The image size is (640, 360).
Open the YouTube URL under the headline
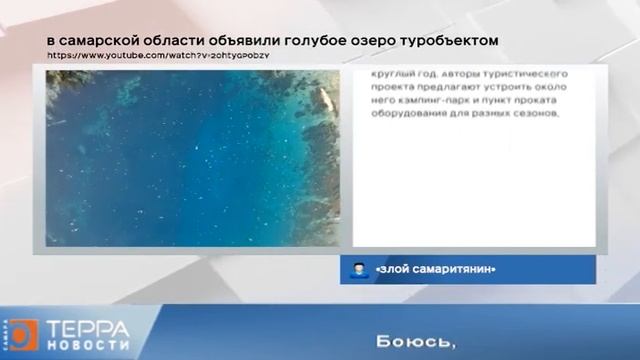click(157, 56)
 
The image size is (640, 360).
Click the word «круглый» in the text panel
click(393, 74)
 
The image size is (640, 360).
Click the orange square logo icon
click(23, 334)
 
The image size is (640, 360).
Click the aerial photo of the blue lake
click(192, 157)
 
